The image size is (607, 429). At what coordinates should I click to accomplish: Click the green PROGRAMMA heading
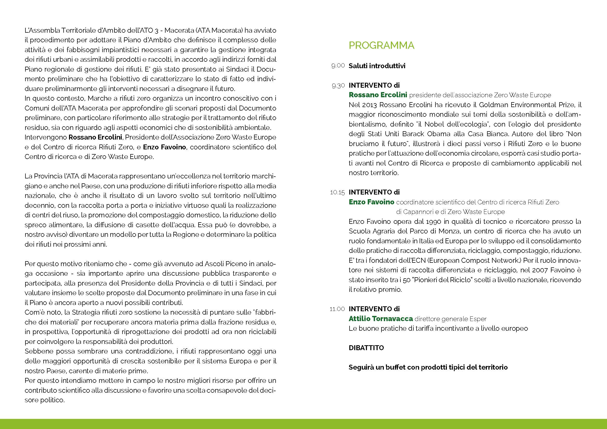click(x=381, y=45)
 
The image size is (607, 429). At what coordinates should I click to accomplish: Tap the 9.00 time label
click(x=338, y=66)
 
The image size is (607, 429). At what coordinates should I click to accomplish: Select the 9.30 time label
click(x=338, y=86)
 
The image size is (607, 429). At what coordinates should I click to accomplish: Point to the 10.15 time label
click(x=337, y=192)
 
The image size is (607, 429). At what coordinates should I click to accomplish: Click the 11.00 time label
click(x=337, y=309)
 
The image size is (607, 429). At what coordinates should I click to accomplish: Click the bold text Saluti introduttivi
click(x=377, y=66)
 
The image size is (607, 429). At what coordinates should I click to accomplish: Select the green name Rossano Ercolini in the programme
click(x=378, y=95)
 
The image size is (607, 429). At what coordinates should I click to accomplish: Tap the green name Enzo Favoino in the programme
click(x=371, y=202)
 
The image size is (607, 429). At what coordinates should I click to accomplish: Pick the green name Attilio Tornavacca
click(x=380, y=319)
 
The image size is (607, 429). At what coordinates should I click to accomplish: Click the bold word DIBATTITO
click(x=366, y=348)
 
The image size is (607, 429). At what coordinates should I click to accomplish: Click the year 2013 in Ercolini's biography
click(x=369, y=105)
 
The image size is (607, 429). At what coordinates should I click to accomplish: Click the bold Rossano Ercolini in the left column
click(x=95, y=137)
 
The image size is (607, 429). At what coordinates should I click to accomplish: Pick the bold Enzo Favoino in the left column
click(x=165, y=147)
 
